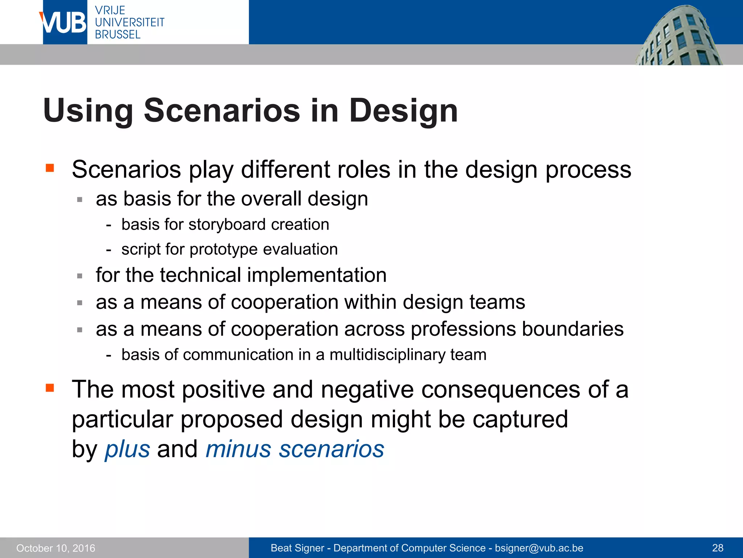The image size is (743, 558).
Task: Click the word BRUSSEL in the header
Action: (x=118, y=35)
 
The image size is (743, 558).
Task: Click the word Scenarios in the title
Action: (x=222, y=110)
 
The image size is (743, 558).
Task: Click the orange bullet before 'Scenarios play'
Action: (x=50, y=168)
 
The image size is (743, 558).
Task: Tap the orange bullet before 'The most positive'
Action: (x=50, y=388)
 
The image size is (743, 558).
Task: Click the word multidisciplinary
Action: (x=387, y=355)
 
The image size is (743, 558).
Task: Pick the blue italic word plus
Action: (x=127, y=449)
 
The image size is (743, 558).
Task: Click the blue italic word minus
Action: (x=238, y=449)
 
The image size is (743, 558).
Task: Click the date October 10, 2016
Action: (x=56, y=548)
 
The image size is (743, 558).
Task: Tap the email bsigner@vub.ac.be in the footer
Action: (x=539, y=548)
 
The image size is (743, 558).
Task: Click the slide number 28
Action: (x=718, y=548)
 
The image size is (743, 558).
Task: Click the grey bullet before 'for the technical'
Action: (x=80, y=276)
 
